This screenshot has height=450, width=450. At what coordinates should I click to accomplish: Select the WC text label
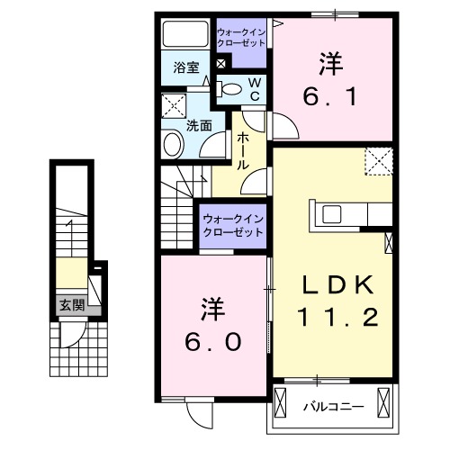pos(254,88)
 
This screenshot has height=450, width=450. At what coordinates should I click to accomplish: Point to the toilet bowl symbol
pos(231,89)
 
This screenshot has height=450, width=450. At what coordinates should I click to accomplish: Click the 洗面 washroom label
pos(199,126)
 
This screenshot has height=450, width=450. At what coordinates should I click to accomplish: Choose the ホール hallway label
pos(243,151)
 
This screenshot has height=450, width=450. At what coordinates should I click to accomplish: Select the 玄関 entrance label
pos(72,305)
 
